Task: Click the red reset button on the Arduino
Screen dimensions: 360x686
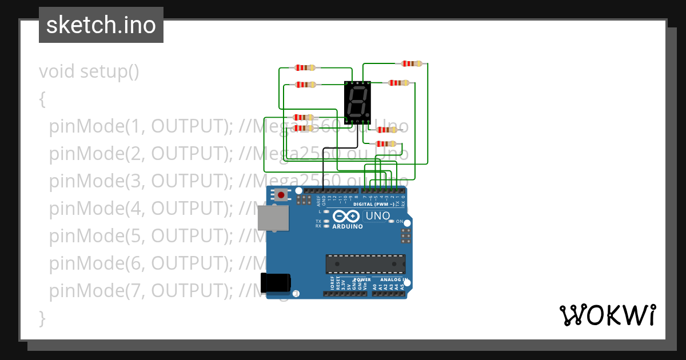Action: click(281, 195)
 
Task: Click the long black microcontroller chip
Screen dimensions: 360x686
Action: click(365, 263)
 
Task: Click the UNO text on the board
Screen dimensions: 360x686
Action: click(377, 216)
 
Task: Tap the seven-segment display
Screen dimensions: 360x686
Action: click(357, 102)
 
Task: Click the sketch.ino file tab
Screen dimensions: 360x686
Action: click(101, 25)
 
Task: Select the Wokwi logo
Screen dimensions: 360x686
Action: click(607, 315)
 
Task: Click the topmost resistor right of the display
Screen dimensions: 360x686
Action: click(412, 63)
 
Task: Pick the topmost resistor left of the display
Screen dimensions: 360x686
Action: click(305, 67)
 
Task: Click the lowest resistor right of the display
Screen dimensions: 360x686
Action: click(386, 143)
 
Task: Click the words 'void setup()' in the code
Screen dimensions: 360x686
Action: click(89, 72)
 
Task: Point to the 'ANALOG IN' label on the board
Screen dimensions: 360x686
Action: click(392, 280)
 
